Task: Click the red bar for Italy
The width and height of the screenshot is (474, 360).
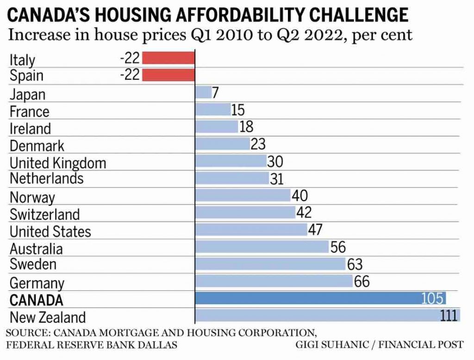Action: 168,58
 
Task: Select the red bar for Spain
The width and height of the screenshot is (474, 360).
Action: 168,75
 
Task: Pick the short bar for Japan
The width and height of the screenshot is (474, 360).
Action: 203,92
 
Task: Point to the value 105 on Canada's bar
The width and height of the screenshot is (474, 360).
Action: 432,298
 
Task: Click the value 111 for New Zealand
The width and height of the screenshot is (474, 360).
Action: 449,316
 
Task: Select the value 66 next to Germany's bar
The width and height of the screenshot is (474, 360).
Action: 362,281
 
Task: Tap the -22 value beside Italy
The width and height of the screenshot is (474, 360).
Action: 130,58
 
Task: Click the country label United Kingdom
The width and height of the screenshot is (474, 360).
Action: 58,163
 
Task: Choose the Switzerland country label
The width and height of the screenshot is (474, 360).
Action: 44,214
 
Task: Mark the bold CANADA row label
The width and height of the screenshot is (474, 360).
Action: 36,300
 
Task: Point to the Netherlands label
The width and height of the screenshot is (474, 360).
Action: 46,178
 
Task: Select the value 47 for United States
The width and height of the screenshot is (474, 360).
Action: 315,230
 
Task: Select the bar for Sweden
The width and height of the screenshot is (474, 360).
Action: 270,264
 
